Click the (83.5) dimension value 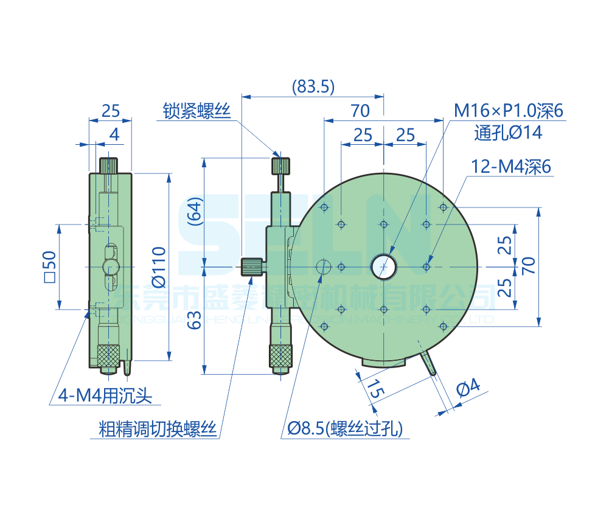tap(313, 86)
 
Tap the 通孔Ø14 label tap(508, 133)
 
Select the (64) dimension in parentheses tap(193, 212)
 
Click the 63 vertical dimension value tap(193, 319)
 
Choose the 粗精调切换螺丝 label tap(158, 430)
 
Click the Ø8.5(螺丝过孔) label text tap(345, 430)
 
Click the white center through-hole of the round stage tap(384, 266)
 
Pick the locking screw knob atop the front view tap(281, 165)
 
